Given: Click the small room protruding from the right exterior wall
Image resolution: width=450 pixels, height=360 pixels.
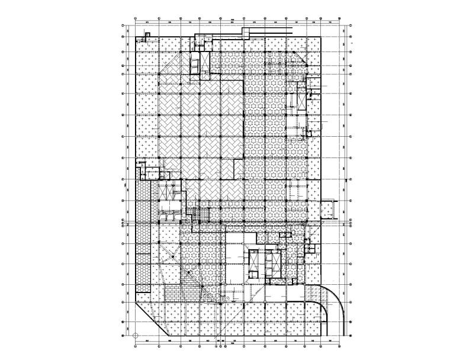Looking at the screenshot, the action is pos(327,209).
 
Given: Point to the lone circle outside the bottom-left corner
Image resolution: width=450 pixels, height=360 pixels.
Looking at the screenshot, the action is pos(136,336).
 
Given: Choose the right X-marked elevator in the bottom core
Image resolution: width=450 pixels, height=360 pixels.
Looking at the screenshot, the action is pos(274,261).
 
